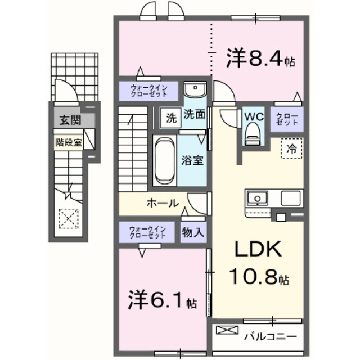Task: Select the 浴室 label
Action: coord(192,159)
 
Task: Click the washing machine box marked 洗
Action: coord(170,118)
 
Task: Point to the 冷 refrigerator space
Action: coord(291,150)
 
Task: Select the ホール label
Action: coord(163,203)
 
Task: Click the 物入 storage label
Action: coord(192,232)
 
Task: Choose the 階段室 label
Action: coord(68,142)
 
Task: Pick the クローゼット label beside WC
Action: coord(286,119)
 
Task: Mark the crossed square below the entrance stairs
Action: coord(68,218)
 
